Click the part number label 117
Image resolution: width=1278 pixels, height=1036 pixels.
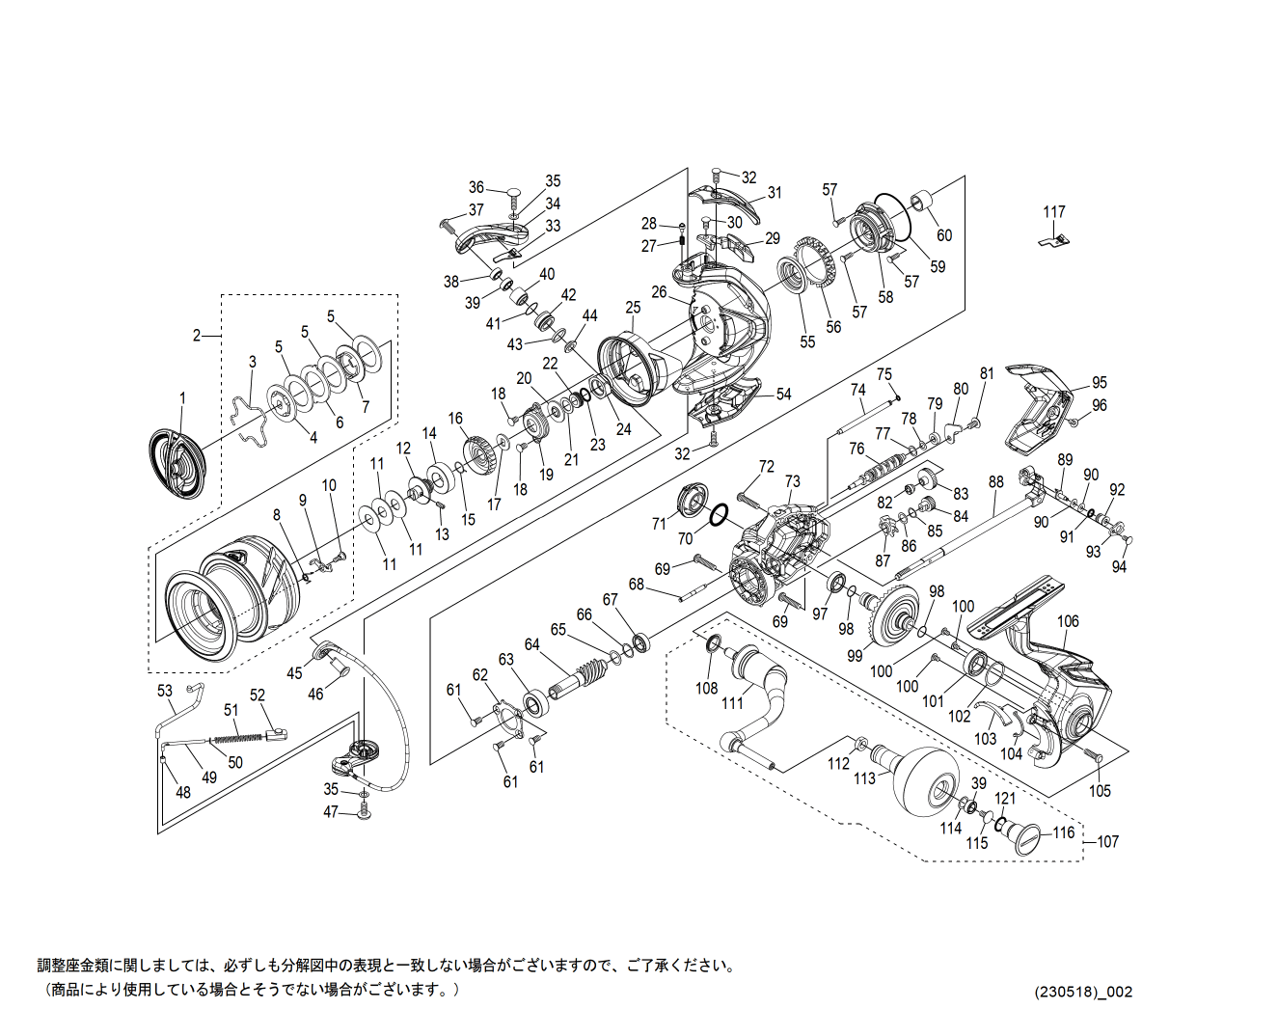(1054, 212)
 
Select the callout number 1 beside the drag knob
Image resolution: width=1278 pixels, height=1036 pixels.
(182, 398)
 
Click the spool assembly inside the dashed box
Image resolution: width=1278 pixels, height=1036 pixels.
(231, 598)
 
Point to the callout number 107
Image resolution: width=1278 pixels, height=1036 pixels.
(1107, 842)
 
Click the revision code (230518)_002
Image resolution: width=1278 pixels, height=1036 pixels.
(1083, 992)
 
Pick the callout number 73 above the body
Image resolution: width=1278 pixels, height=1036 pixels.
(792, 481)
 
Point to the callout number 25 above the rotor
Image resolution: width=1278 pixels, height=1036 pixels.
(632, 308)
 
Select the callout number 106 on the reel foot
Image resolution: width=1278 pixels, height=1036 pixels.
(1068, 621)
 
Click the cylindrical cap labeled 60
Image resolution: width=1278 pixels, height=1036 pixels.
(924, 203)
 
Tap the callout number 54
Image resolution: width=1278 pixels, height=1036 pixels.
(783, 395)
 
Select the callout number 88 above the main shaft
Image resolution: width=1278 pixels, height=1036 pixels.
(995, 482)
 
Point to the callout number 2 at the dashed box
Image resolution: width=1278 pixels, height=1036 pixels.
(197, 336)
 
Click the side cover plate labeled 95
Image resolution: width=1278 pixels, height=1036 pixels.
(1037, 410)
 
